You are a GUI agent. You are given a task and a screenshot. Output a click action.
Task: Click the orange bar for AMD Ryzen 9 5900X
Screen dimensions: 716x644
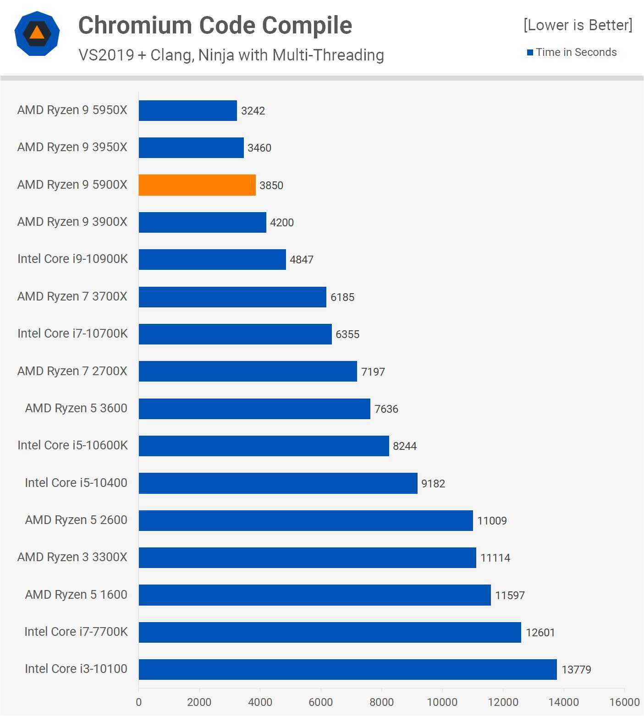click(x=197, y=185)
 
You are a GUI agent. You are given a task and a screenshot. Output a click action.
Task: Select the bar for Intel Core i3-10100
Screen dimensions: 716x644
click(x=347, y=669)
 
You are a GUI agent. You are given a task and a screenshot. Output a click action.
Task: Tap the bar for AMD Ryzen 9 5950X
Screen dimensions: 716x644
click(x=187, y=111)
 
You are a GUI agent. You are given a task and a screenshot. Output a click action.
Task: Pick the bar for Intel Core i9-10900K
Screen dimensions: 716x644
click(x=212, y=259)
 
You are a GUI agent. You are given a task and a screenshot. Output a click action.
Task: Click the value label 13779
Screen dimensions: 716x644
click(x=576, y=670)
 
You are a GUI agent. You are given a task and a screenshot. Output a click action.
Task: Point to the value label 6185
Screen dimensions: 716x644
click(x=342, y=297)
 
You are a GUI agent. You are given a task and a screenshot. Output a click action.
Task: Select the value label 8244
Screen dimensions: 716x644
click(x=405, y=446)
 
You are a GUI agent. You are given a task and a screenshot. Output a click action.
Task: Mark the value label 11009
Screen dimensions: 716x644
click(x=492, y=521)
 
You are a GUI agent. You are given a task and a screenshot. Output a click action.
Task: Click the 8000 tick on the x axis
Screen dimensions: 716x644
click(x=381, y=702)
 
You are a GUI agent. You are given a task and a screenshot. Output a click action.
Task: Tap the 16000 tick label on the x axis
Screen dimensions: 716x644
click(x=624, y=702)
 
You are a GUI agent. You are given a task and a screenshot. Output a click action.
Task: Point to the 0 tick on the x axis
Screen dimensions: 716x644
click(x=139, y=702)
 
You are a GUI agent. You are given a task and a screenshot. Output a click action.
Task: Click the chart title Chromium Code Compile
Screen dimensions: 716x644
click(x=215, y=25)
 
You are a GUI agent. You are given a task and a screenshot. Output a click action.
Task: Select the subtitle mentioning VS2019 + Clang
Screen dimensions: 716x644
click(x=231, y=55)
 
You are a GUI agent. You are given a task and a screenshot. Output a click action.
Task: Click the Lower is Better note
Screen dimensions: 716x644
click(x=578, y=25)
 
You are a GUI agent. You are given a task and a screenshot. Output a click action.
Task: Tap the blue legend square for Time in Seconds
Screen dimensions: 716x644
click(x=530, y=53)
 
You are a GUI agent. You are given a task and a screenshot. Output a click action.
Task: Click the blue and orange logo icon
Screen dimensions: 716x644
click(x=37, y=33)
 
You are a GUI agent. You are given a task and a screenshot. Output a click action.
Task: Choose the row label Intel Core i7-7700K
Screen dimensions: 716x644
click(x=76, y=632)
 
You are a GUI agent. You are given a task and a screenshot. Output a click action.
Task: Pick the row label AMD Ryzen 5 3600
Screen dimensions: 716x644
click(x=76, y=408)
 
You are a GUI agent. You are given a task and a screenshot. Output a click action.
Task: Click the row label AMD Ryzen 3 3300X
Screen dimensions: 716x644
click(x=72, y=557)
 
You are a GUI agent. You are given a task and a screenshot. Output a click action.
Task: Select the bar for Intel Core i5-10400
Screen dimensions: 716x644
click(x=278, y=483)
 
